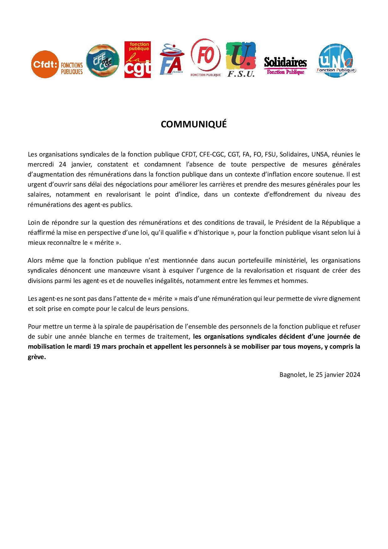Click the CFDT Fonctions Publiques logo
57,64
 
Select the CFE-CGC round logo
103,60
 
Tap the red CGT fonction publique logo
137,59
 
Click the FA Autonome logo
171,59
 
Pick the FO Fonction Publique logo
206,58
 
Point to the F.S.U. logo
241,59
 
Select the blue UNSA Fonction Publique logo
336,61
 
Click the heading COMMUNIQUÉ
194,124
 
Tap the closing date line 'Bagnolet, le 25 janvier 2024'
319,375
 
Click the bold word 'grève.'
37,357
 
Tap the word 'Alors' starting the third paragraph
35,260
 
